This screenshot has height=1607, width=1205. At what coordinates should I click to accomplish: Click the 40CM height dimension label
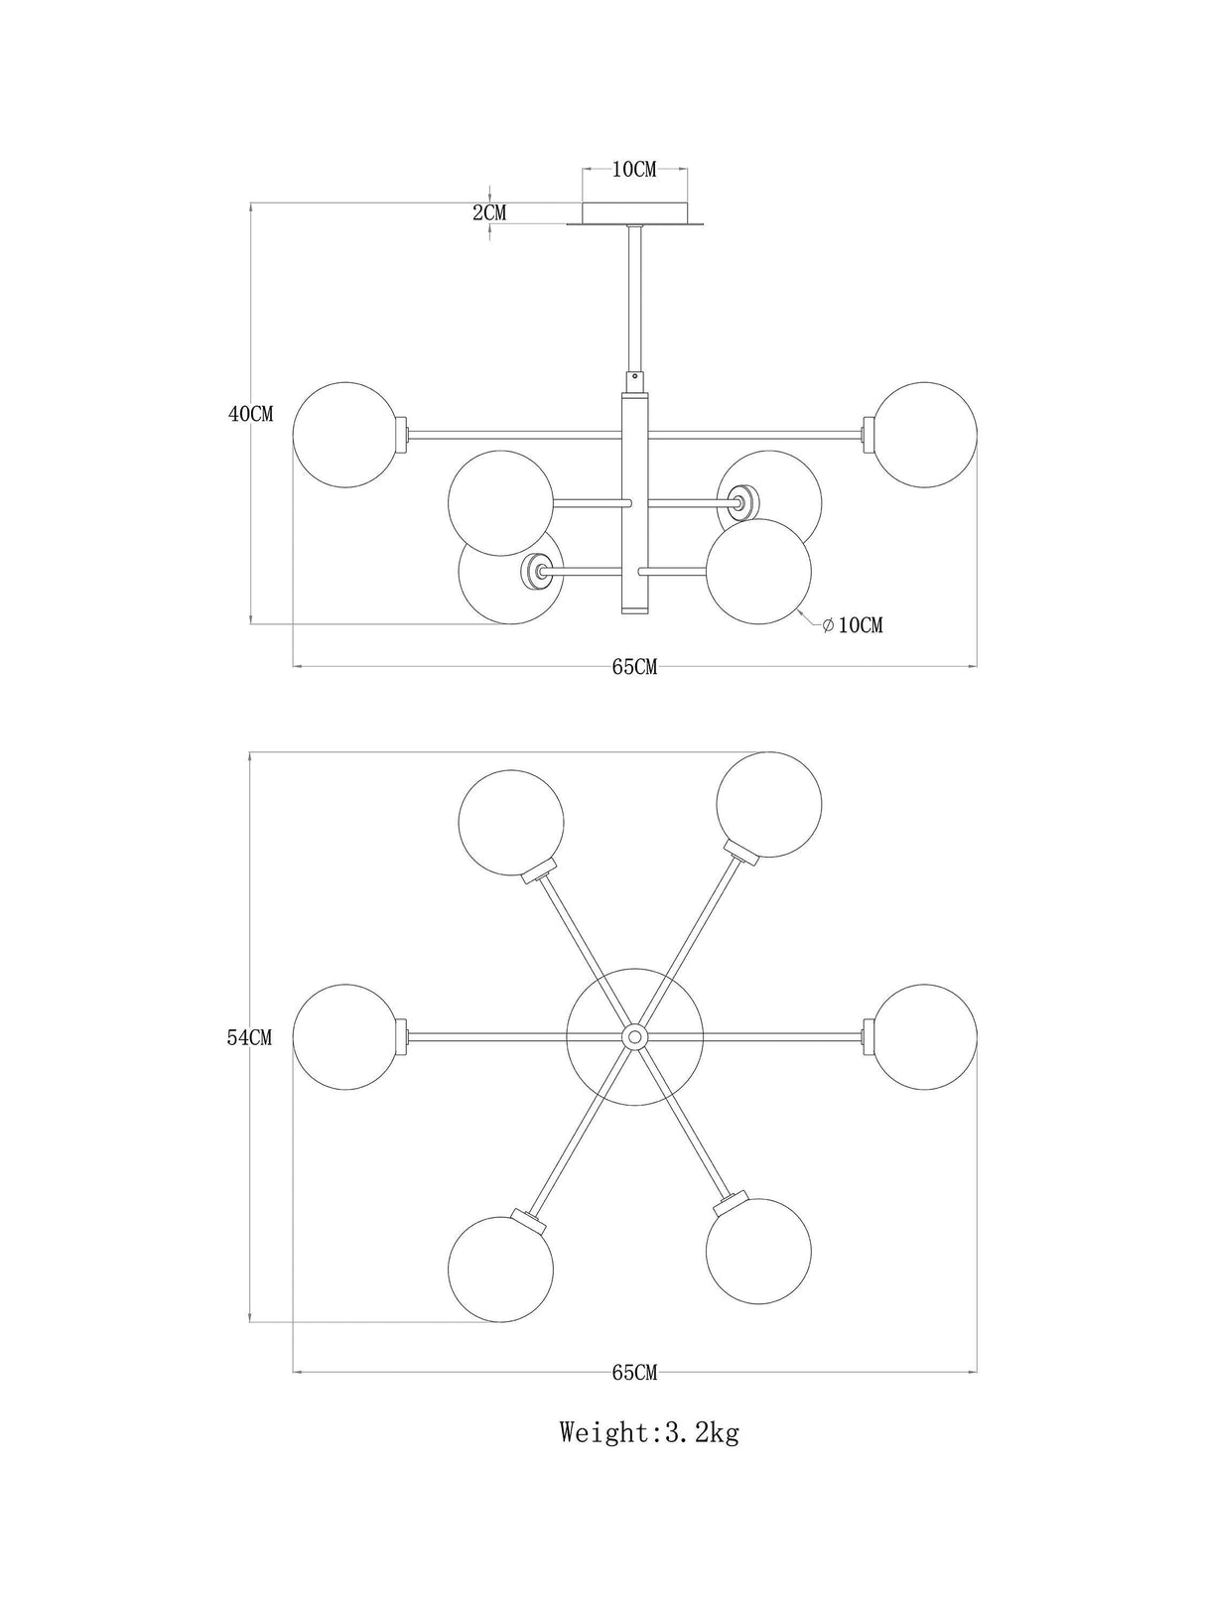point(250,414)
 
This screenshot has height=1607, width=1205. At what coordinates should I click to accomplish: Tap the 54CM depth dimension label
point(250,1037)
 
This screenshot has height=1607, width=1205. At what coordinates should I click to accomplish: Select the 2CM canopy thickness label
point(489,213)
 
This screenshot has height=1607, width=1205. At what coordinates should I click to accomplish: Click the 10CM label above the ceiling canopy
point(634,170)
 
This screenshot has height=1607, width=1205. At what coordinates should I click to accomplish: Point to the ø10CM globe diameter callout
point(853,625)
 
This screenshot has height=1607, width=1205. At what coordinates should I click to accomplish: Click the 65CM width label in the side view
point(634,667)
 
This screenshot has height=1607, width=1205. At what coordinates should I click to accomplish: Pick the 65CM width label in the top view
point(634,1373)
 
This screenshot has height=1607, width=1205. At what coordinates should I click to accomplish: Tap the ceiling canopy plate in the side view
point(634,214)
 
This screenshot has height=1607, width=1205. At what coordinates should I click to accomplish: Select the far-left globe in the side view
point(346,435)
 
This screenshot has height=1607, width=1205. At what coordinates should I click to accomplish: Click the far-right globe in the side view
point(924,435)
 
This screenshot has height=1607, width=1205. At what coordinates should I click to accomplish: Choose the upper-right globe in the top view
point(768,805)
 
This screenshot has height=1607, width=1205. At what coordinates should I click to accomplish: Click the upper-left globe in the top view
point(511,823)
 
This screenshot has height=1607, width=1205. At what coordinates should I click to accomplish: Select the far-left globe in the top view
point(346,1037)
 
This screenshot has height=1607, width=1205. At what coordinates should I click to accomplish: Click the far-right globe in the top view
point(924,1037)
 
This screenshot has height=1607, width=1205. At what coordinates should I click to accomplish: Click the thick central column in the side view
point(634,503)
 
